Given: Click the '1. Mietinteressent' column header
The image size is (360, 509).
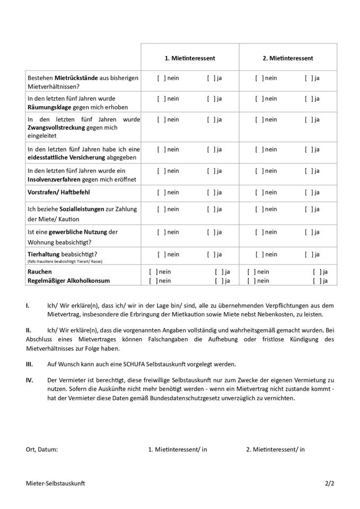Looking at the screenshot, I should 190,58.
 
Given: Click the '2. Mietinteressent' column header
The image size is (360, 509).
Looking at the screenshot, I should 288,58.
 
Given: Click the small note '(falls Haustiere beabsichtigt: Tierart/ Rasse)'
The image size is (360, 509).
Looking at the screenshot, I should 65,261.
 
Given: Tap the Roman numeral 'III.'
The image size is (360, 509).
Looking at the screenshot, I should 30,364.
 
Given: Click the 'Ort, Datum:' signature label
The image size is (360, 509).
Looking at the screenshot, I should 42,450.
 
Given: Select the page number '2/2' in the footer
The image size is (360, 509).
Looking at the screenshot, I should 330,484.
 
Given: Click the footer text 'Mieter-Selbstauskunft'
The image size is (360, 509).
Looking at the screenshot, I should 55,484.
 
